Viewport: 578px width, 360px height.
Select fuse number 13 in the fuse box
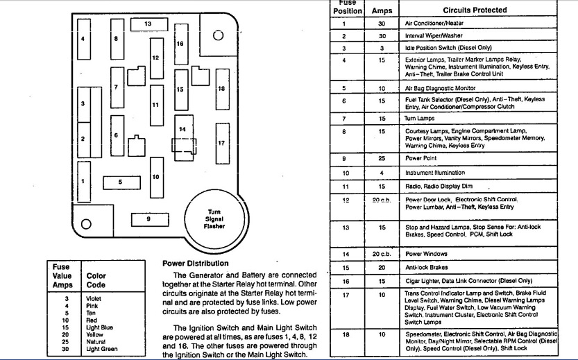[x=147, y=24]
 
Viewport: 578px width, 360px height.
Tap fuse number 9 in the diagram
[x=148, y=218]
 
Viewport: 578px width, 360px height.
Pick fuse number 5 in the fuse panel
[x=120, y=182]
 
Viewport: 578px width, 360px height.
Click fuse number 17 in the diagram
[x=221, y=143]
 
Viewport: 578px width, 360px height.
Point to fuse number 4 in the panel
[x=83, y=39]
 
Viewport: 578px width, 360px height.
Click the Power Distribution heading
[x=195, y=264]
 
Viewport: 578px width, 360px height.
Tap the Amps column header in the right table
[x=382, y=11]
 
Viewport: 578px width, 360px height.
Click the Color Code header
[x=96, y=280]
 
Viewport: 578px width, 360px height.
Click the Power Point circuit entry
[x=421, y=158]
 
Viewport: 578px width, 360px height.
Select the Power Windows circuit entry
[x=426, y=254]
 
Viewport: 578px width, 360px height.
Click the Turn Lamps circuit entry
[x=420, y=119]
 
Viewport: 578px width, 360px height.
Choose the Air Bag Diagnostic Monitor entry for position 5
[x=441, y=89]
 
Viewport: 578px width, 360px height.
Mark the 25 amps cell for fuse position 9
[x=382, y=158]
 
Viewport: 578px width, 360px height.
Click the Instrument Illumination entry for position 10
[x=435, y=173]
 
